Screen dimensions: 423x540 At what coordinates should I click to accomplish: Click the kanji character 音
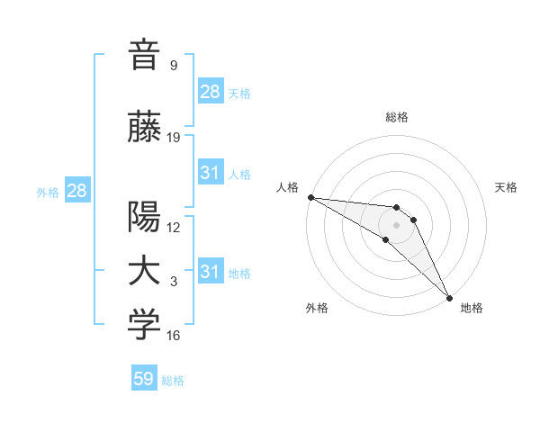pyautogui.click(x=144, y=55)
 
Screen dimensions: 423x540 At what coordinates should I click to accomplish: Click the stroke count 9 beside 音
pyautogui.click(x=173, y=66)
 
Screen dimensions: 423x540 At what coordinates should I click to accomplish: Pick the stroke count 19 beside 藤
pyautogui.click(x=174, y=138)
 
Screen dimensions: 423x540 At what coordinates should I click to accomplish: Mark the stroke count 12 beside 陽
pyautogui.click(x=174, y=228)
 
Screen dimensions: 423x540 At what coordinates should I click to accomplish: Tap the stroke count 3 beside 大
pyautogui.click(x=173, y=282)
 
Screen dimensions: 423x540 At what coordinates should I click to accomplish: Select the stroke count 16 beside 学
pyautogui.click(x=174, y=336)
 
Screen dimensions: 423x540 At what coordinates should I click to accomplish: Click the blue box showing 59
pyautogui.click(x=144, y=379)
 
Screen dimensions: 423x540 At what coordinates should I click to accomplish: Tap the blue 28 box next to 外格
pyautogui.click(x=76, y=191)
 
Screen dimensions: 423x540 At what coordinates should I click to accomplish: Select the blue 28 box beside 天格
pyautogui.click(x=211, y=92)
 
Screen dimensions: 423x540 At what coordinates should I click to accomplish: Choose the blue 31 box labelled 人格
pyautogui.click(x=211, y=173)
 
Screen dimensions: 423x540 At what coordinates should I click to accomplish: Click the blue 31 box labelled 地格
pyautogui.click(x=211, y=272)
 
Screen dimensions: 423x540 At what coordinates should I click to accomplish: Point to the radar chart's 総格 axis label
pyautogui.click(x=397, y=117)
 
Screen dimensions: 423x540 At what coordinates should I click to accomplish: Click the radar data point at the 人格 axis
pyautogui.click(x=310, y=197)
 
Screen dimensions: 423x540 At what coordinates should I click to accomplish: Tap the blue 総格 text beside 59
pyautogui.click(x=173, y=381)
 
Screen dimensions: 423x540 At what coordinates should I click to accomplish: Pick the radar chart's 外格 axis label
pyautogui.click(x=317, y=309)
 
